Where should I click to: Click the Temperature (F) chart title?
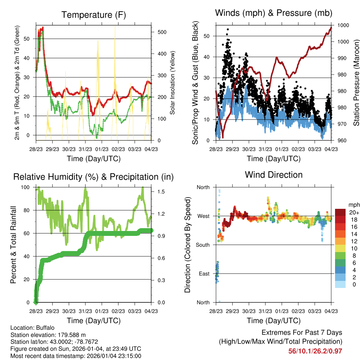point(94,15)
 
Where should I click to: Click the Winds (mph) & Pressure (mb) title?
point(274,13)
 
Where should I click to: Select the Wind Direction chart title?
point(274,175)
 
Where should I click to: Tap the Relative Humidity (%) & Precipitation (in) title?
point(94,176)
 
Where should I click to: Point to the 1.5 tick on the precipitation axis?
point(159,192)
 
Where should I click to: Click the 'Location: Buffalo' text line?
point(32,328)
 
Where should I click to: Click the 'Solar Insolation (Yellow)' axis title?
point(173,83)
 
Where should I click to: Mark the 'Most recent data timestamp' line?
point(76,356)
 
